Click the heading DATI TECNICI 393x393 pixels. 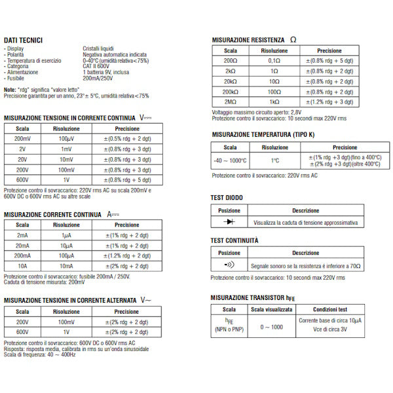point(23,40)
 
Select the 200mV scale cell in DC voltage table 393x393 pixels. point(22,139)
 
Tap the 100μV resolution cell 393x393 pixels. point(66,139)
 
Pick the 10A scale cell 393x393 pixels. point(22,266)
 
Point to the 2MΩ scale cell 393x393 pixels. point(230,102)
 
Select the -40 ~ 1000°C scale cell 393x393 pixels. point(230,160)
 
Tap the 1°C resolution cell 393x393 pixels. point(275,160)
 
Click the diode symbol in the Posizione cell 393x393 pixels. point(229,223)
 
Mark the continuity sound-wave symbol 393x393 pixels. point(229,265)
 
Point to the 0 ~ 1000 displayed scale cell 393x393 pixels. point(272,326)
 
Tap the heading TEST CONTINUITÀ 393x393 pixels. point(234,240)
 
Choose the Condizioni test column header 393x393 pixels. point(329,310)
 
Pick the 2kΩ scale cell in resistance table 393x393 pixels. point(230,71)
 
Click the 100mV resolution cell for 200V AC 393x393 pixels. point(66,322)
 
